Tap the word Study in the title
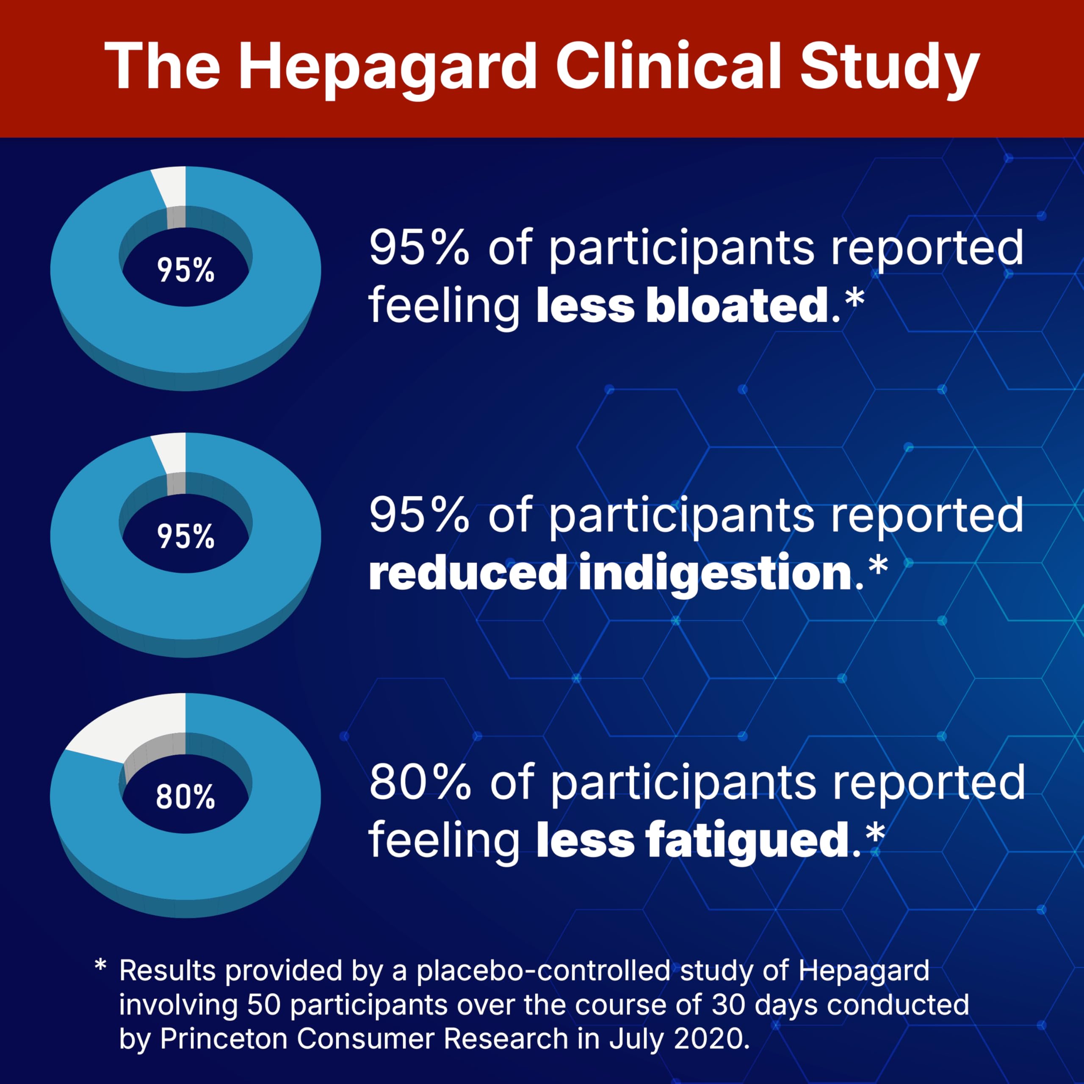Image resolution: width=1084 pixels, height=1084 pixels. tap(889, 67)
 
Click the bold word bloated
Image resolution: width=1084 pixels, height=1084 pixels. tap(737, 306)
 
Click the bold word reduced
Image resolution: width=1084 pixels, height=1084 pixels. tap(467, 572)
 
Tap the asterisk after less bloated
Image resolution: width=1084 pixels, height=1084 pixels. tap(854, 297)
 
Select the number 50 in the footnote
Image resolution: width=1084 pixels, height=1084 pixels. tap(264, 1004)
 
